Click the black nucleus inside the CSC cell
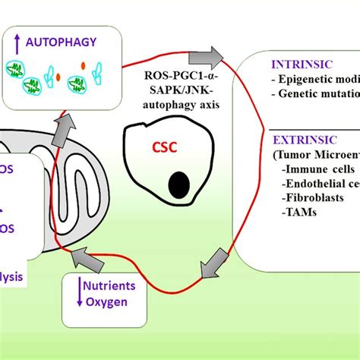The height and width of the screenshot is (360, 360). (x=180, y=184)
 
